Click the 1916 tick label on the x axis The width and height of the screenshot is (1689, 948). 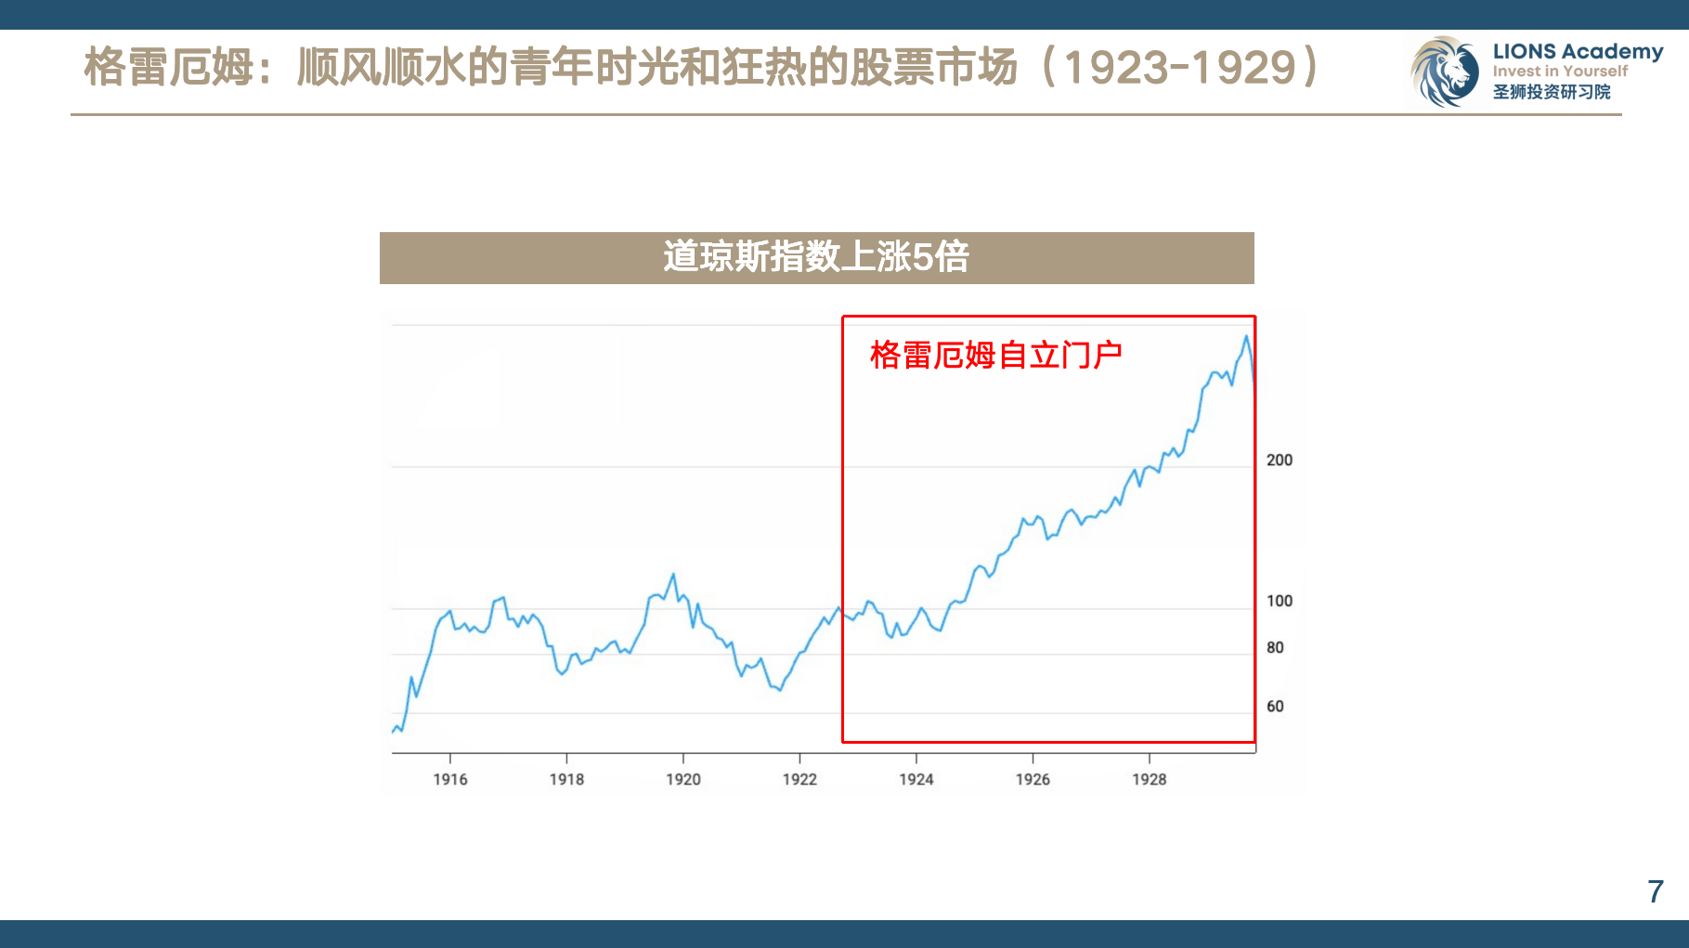pos(450,779)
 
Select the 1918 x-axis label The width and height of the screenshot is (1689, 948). pos(566,779)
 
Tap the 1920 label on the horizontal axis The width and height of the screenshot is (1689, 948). pos(683,779)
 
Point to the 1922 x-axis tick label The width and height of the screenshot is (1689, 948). pos(799,779)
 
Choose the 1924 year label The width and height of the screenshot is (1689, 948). pos(916,779)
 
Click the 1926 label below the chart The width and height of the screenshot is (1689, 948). pos(1033,779)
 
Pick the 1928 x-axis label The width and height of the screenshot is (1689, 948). pos(1150,779)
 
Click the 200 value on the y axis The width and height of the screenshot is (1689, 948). pos(1280,460)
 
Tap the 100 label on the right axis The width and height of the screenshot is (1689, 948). pos(1280,601)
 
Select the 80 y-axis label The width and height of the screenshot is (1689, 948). pos(1275,647)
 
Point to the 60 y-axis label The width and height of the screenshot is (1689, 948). pos(1275,707)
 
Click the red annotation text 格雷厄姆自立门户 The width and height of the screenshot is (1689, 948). pos(995,355)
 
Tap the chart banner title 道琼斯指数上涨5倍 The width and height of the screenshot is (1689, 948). pos(816,257)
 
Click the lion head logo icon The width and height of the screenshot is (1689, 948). pos(1445,71)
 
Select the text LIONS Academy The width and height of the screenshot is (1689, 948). pos(1578,51)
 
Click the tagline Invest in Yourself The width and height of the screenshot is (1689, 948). pos(1560,71)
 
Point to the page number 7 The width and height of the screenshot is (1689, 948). pos(1656,891)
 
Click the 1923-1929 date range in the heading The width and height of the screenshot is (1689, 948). pos(1179,67)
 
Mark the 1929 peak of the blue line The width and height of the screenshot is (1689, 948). pos(1246,336)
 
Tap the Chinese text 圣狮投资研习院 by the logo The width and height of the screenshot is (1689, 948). pos(1552,92)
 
